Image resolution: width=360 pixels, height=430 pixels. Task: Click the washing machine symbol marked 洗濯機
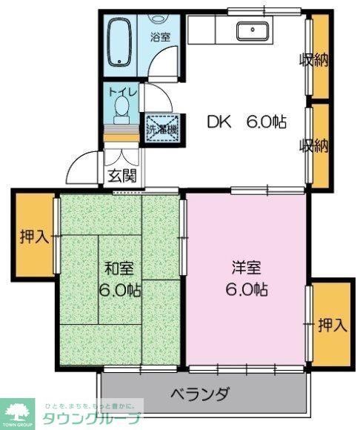pos(161,128)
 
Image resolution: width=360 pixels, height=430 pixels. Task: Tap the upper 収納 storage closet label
pos(313,61)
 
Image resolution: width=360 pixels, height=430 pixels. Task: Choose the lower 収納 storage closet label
pos(313,146)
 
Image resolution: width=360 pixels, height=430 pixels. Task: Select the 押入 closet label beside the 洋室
pos(332,324)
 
